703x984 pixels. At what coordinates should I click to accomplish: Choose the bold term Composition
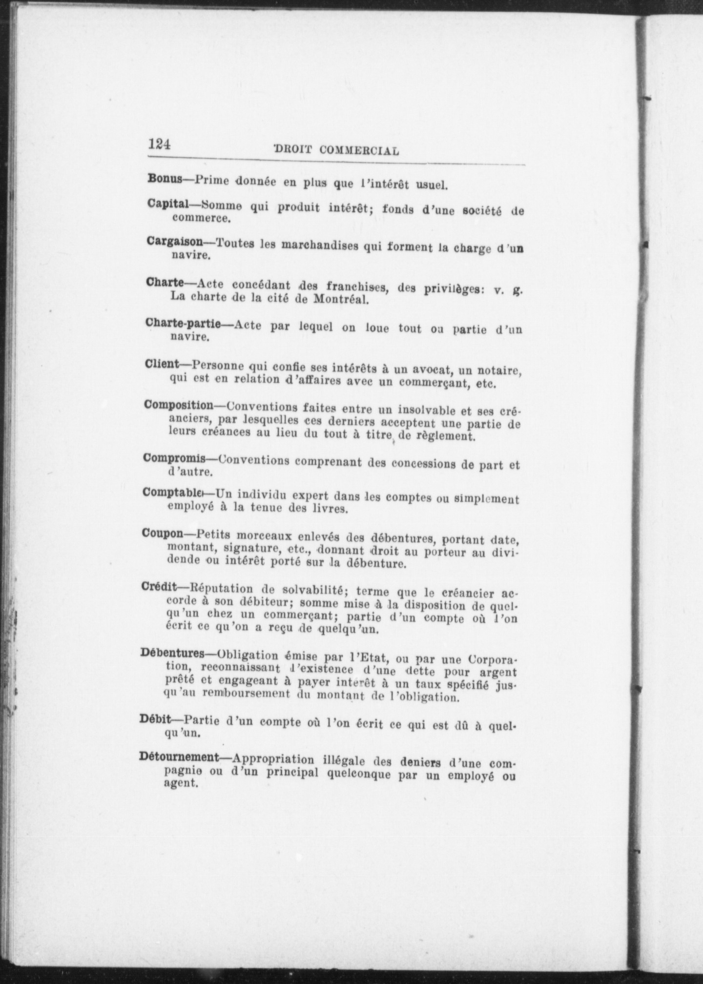click(x=179, y=405)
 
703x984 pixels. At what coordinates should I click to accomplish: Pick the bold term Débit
click(x=155, y=719)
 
